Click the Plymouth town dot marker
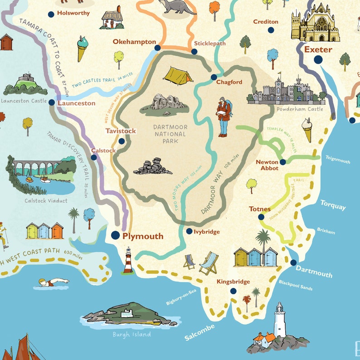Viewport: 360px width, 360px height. (115, 235)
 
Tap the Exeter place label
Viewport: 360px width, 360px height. (318, 49)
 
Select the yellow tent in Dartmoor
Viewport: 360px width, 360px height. (177, 76)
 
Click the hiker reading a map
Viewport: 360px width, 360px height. (223, 116)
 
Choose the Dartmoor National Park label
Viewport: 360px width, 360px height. (170, 134)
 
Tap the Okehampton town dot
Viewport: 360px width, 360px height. (157, 48)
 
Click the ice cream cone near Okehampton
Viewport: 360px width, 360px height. (82, 48)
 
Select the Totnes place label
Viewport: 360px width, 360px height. (260, 209)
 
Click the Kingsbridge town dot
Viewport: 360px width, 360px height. (233, 291)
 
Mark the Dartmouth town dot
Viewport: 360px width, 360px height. (293, 263)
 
